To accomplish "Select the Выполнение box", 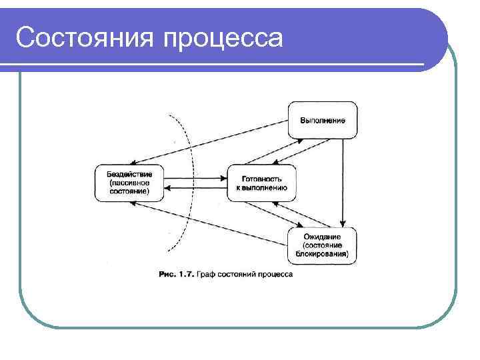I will pyautogui.click(x=323, y=120).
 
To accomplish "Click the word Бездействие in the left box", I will pyautogui.click(x=128, y=174).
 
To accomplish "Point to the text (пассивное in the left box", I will pyautogui.click(x=128, y=182).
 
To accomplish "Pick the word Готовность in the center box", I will pyautogui.click(x=261, y=179).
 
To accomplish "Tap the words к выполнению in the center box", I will pyautogui.click(x=261, y=188).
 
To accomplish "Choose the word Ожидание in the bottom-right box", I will pyautogui.click(x=322, y=237).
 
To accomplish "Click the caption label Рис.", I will pyautogui.click(x=166, y=274).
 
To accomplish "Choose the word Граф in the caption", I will pyautogui.click(x=205, y=274).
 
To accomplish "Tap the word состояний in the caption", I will pyautogui.click(x=237, y=274).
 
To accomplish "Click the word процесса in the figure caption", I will pyautogui.click(x=275, y=274).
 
